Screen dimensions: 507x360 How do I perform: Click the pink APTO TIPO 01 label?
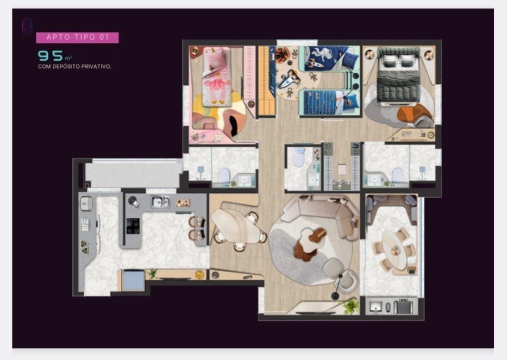tap(77, 37)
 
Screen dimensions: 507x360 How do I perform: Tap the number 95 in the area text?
tap(51, 56)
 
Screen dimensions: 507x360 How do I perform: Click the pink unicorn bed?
tap(216, 77)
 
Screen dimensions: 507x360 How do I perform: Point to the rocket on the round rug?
tap(289, 79)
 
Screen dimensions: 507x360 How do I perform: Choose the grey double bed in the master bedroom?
tap(398, 76)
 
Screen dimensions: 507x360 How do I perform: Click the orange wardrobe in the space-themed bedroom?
tap(267, 81)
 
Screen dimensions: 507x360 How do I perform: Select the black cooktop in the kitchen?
tap(133, 225)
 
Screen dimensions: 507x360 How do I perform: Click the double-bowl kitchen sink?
tap(160, 202)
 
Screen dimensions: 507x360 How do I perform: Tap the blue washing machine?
tap(133, 281)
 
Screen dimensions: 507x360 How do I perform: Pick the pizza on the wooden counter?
tap(199, 275)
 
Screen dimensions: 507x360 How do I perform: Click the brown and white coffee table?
tap(309, 243)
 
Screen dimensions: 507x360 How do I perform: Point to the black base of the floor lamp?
tap(335, 295)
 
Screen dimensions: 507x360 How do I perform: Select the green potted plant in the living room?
tap(350, 305)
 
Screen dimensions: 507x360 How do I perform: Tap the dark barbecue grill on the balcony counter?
tap(403, 306)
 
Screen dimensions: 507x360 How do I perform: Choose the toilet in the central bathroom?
tap(298, 157)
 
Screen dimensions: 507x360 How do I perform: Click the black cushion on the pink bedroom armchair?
tap(234, 126)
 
